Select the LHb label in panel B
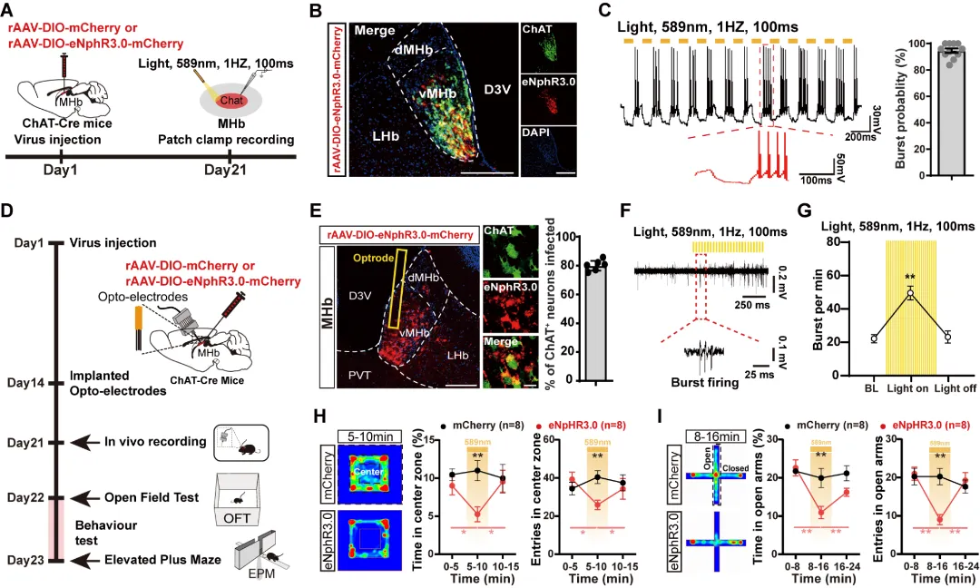pos(373,135)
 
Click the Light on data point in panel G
pos(910,294)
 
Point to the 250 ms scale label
pos(753,306)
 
